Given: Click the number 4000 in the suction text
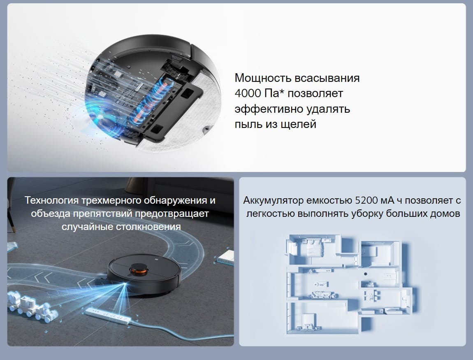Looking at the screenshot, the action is [x=248, y=93].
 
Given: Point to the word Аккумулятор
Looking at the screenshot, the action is [x=273, y=200].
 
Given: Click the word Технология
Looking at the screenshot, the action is [x=51, y=200].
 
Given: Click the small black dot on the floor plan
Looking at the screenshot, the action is [x=365, y=274].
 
